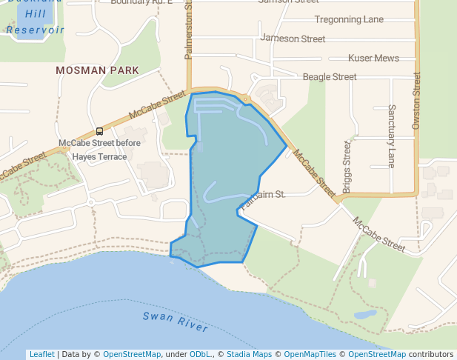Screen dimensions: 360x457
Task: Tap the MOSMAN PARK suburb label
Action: (x=97, y=70)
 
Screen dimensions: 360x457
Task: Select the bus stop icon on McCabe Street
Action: (x=100, y=131)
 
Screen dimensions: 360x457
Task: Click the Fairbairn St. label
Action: (x=263, y=194)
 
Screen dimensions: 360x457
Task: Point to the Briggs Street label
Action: (x=347, y=162)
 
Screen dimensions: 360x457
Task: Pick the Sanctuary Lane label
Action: (x=391, y=136)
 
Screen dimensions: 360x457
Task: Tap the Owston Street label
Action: (x=416, y=101)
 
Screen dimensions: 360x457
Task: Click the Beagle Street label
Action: (x=329, y=76)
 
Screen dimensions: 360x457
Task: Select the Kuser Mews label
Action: (x=373, y=58)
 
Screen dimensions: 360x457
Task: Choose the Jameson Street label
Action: (x=293, y=39)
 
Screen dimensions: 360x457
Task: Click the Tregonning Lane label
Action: (x=349, y=19)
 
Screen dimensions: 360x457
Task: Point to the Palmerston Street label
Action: (x=188, y=30)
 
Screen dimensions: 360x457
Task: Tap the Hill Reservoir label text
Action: (x=34, y=21)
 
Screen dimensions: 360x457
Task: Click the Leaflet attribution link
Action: (x=41, y=354)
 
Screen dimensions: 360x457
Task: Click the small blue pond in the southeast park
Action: (x=364, y=314)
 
